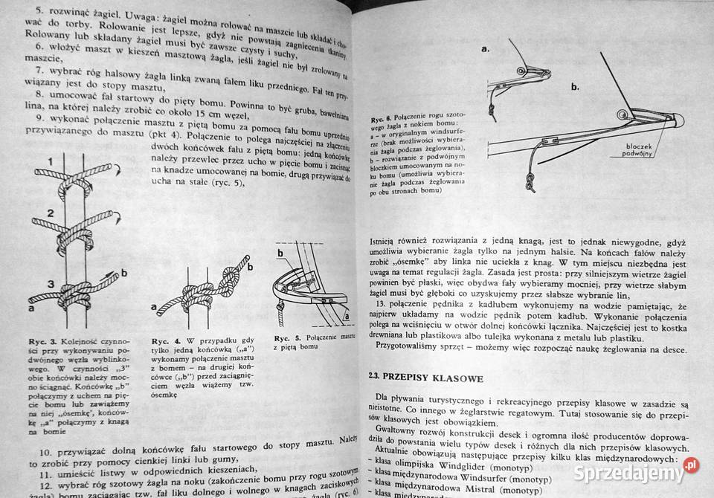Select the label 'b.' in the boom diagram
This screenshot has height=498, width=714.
(574, 86)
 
